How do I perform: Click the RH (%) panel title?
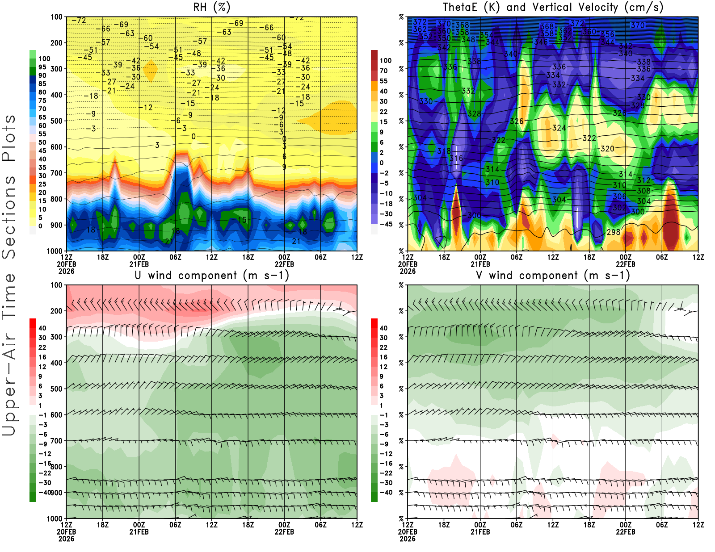(x=211, y=8)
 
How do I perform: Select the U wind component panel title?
(x=212, y=276)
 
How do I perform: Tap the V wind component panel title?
(x=553, y=276)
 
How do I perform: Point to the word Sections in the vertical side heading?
(x=9, y=217)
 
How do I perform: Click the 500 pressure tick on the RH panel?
(x=56, y=121)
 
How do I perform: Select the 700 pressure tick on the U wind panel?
(x=56, y=441)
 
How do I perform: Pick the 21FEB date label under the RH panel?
(x=139, y=264)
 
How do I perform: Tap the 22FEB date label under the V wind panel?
(x=626, y=532)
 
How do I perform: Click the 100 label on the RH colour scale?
(x=44, y=59)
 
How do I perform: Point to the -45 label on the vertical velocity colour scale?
(x=386, y=224)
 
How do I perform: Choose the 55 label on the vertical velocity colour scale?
(x=383, y=81)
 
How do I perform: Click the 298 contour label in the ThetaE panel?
(x=613, y=232)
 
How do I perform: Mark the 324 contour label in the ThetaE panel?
(x=559, y=128)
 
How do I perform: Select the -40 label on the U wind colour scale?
(x=45, y=492)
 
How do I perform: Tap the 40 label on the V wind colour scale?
(x=383, y=328)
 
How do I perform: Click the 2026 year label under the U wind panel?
(x=66, y=539)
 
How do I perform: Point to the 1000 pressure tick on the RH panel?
(x=55, y=251)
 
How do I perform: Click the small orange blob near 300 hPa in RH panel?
(x=150, y=69)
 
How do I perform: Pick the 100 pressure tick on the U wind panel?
(x=56, y=285)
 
